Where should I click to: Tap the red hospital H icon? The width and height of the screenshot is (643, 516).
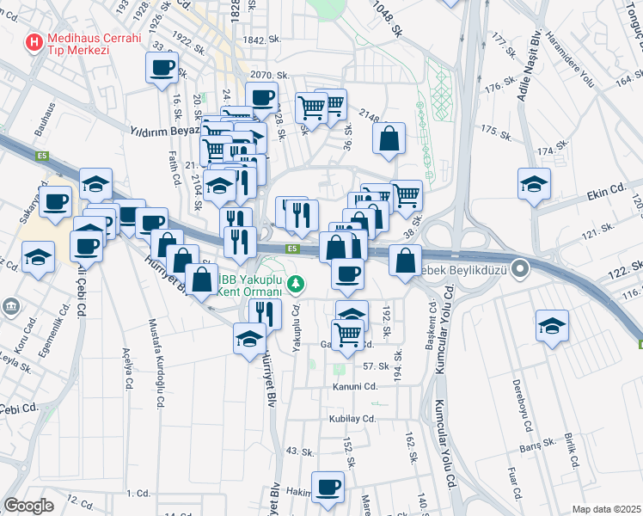[x=34, y=40]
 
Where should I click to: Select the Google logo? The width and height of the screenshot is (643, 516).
[x=28, y=506]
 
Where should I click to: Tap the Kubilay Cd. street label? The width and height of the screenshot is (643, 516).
[x=352, y=419]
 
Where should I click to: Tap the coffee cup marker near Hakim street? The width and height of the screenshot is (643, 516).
[x=328, y=488]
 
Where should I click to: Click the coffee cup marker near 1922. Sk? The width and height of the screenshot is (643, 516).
[x=161, y=68]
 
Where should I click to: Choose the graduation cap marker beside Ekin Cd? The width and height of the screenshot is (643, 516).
[x=534, y=184]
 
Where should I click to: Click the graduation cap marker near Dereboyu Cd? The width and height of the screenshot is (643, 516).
[x=551, y=326]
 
